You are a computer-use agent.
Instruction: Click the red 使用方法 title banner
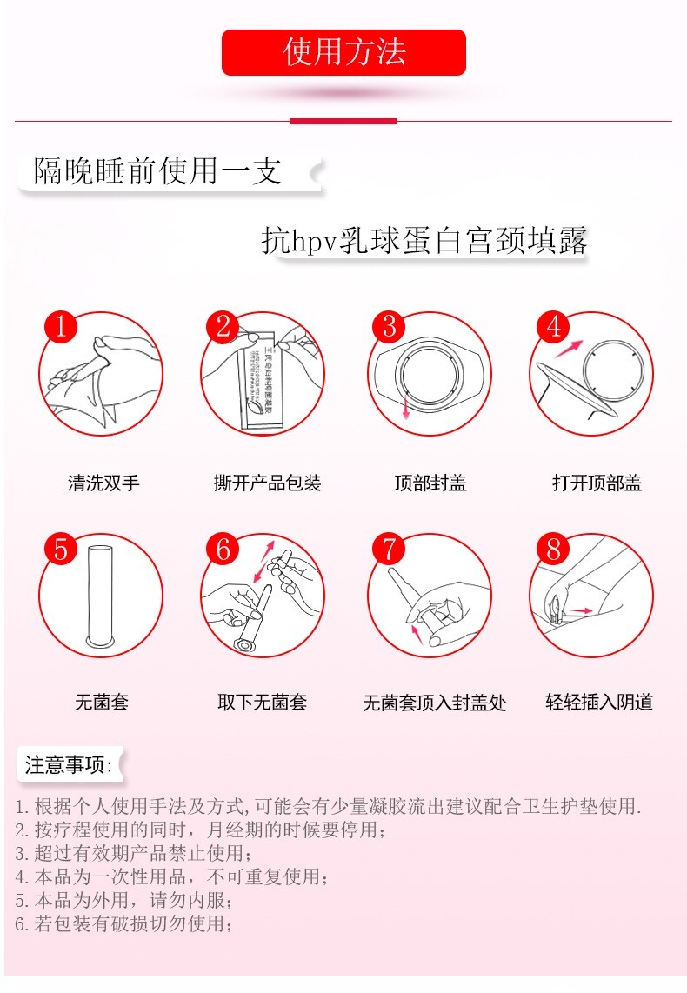click(x=343, y=52)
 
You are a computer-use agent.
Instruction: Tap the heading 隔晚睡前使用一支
click(x=157, y=170)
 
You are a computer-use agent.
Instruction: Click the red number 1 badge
click(x=60, y=327)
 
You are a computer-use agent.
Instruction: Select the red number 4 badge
click(x=553, y=327)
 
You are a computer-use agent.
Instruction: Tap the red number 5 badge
click(x=60, y=550)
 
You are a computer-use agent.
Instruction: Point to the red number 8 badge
click(x=553, y=550)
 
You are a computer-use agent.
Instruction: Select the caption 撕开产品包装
click(x=268, y=483)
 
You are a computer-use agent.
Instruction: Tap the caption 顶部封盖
click(x=430, y=483)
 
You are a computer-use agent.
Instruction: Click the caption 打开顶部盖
click(x=597, y=483)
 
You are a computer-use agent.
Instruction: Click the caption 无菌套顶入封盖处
click(x=434, y=703)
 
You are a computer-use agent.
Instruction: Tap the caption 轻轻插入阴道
click(x=598, y=702)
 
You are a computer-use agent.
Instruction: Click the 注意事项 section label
click(x=68, y=765)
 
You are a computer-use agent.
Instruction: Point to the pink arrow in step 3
click(x=404, y=410)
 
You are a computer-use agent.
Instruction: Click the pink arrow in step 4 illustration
click(x=569, y=349)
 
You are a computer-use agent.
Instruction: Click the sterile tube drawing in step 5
click(x=101, y=596)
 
